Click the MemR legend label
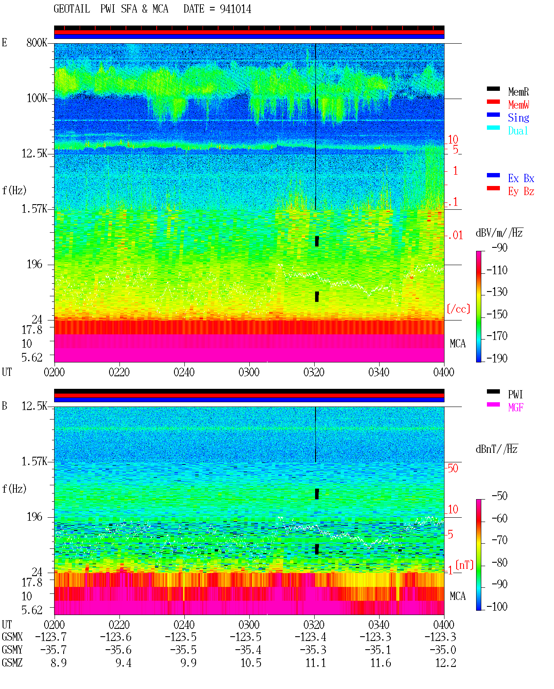[x=518, y=92]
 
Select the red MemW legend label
[x=519, y=105]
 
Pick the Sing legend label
[x=518, y=118]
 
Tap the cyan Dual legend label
[x=518, y=131]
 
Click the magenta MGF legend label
[x=515, y=407]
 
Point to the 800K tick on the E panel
[x=37, y=42]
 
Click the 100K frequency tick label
[x=37, y=98]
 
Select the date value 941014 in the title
[x=235, y=9]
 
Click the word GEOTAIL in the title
[x=72, y=9]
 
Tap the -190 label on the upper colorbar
[x=497, y=358]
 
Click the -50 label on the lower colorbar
[x=499, y=496]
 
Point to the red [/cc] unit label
[x=458, y=309]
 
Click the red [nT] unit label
[x=464, y=565]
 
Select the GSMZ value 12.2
[x=445, y=663]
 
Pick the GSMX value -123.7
[x=51, y=637]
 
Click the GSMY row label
[x=12, y=650]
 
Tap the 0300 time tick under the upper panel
[x=249, y=372]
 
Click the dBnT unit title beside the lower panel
[x=497, y=449]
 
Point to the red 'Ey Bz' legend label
[x=521, y=192]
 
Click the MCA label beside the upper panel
[x=457, y=343]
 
